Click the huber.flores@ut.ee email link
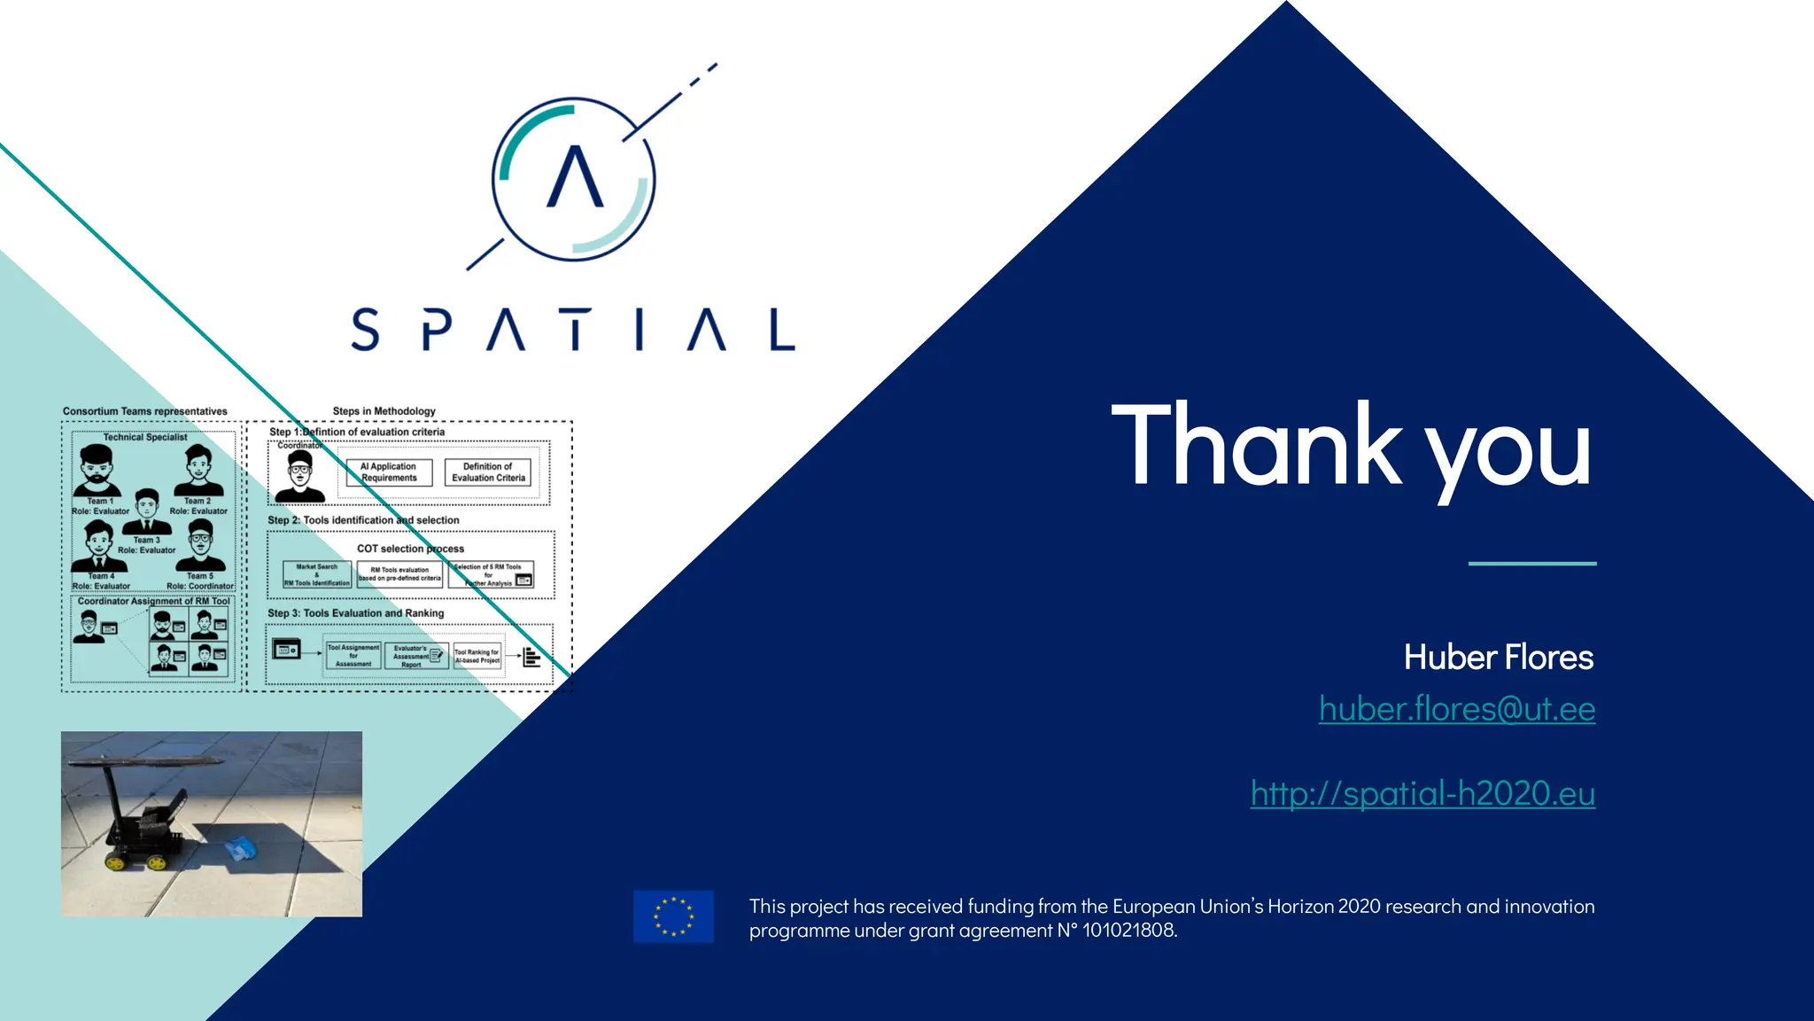click(1456, 709)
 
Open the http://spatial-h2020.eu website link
click(1423, 793)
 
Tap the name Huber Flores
click(1498, 658)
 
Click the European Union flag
click(673, 916)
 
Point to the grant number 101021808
click(1128, 931)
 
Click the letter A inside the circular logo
click(575, 177)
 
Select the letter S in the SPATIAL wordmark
click(366, 330)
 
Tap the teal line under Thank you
click(1531, 564)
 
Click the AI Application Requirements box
click(389, 472)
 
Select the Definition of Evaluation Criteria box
click(488, 472)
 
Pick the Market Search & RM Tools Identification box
click(317, 574)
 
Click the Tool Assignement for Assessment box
click(353, 656)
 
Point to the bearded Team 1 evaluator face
click(97, 468)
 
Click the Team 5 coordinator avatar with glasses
click(201, 542)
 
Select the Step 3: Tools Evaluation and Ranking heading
click(355, 613)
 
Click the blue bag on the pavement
click(240, 849)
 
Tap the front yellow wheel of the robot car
click(116, 861)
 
